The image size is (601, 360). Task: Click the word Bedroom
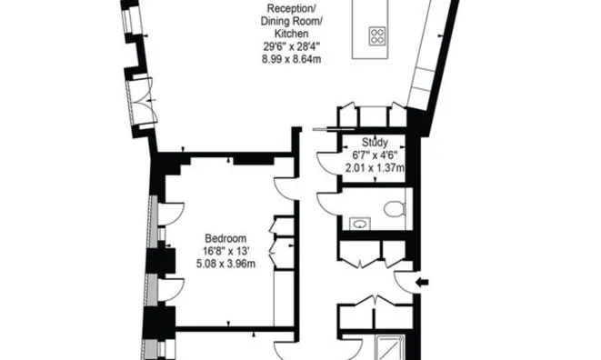tap(225, 238)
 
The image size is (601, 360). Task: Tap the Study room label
tap(375, 143)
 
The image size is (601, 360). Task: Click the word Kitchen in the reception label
tap(291, 34)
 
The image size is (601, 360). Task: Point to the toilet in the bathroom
tap(395, 209)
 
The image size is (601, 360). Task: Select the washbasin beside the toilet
tap(359, 224)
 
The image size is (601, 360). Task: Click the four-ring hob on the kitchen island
tap(377, 36)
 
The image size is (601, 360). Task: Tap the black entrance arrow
tap(422, 283)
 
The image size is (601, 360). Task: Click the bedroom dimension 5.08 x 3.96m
tap(225, 265)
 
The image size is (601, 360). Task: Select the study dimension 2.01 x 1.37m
tap(375, 168)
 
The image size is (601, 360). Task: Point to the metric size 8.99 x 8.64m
tap(291, 59)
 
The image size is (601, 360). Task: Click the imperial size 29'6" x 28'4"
tap(291, 46)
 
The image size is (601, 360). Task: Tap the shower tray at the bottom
tap(389, 348)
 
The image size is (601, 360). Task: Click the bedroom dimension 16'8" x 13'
tap(226, 251)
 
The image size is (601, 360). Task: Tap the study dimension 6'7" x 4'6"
tap(375, 155)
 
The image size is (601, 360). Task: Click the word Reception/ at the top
tap(291, 8)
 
